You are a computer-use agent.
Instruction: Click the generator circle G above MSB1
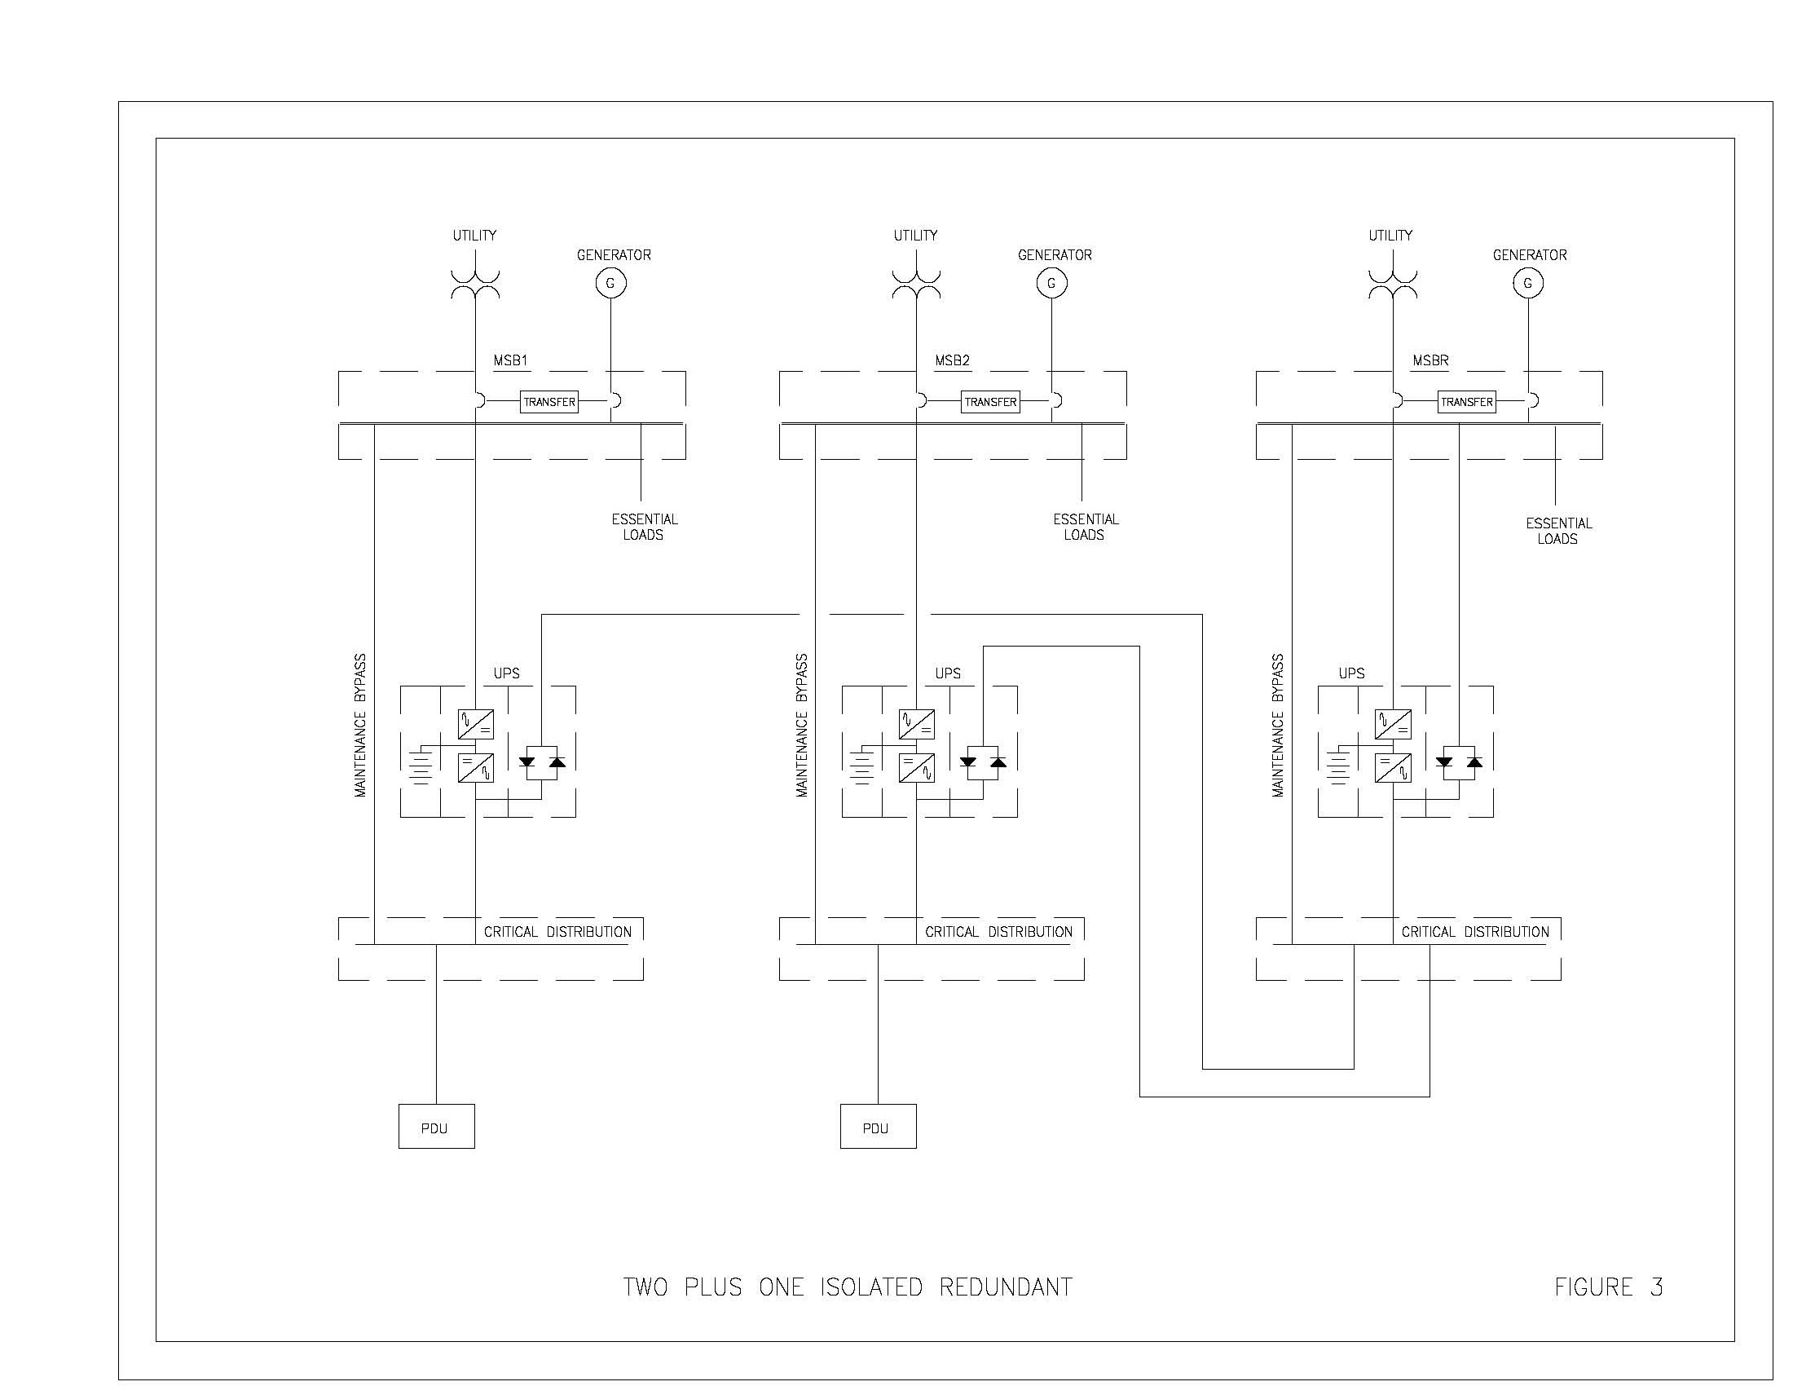[x=610, y=283]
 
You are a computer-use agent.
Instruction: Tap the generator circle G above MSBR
[x=1527, y=283]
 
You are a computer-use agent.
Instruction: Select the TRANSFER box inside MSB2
[x=990, y=401]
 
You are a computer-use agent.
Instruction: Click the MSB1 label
[x=510, y=360]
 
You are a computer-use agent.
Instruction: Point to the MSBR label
[x=1430, y=360]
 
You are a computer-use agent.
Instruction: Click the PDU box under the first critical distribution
[x=436, y=1127]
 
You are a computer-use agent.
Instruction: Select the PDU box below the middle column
[x=878, y=1127]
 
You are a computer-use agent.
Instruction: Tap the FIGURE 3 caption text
[x=1607, y=1287]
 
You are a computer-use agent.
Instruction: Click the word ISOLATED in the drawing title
[x=871, y=1287]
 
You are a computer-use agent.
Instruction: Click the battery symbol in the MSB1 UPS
[x=422, y=766]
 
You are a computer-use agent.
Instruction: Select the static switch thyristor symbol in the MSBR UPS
[x=1459, y=763]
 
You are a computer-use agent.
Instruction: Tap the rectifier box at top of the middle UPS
[x=916, y=724]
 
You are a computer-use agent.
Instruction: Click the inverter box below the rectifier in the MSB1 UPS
[x=475, y=768]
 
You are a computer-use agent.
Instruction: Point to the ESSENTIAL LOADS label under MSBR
[x=1557, y=531]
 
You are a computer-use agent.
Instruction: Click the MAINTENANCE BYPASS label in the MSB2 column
[x=802, y=725]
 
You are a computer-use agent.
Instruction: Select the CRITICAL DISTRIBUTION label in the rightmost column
[x=1474, y=932]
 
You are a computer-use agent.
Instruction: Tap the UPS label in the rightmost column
[x=1351, y=673]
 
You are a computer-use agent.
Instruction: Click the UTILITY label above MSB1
[x=474, y=236]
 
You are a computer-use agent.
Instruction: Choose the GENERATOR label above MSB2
[x=1054, y=255]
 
